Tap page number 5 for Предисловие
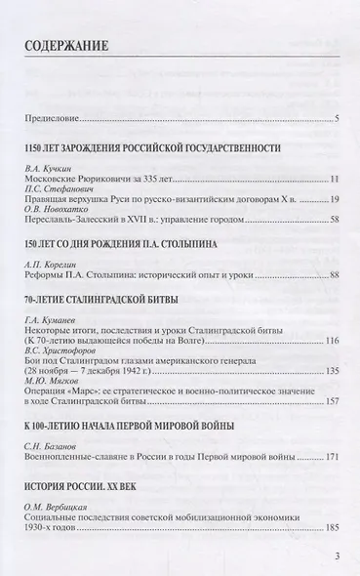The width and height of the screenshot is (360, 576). (336, 119)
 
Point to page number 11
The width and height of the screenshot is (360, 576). (333, 181)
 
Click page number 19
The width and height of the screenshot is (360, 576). (333, 203)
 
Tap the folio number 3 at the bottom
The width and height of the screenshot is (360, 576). (336, 557)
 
